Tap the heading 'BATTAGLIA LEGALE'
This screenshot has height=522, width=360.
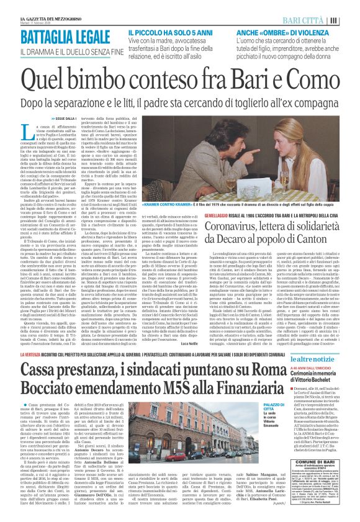point(61,36)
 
